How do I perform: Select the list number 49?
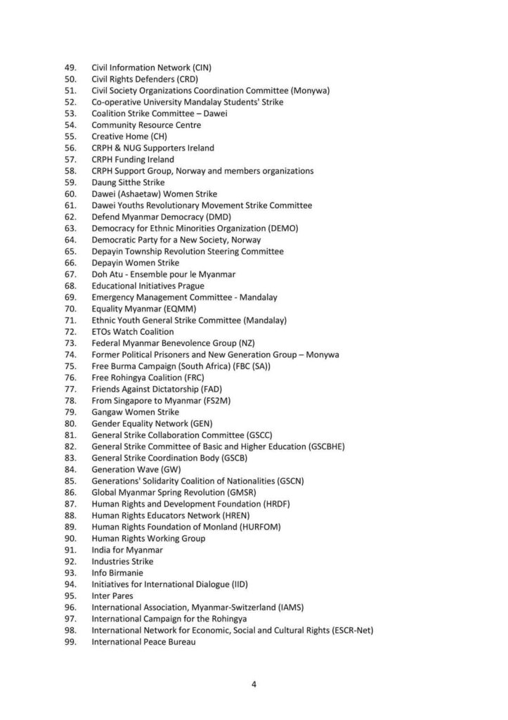70,67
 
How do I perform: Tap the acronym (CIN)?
202,67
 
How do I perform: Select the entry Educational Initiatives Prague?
148,285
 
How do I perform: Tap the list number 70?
70,309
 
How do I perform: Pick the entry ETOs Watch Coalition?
132,331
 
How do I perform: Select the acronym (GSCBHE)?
326,446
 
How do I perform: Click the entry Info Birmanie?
117,572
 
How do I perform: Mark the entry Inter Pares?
112,596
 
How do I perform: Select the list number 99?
70,641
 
